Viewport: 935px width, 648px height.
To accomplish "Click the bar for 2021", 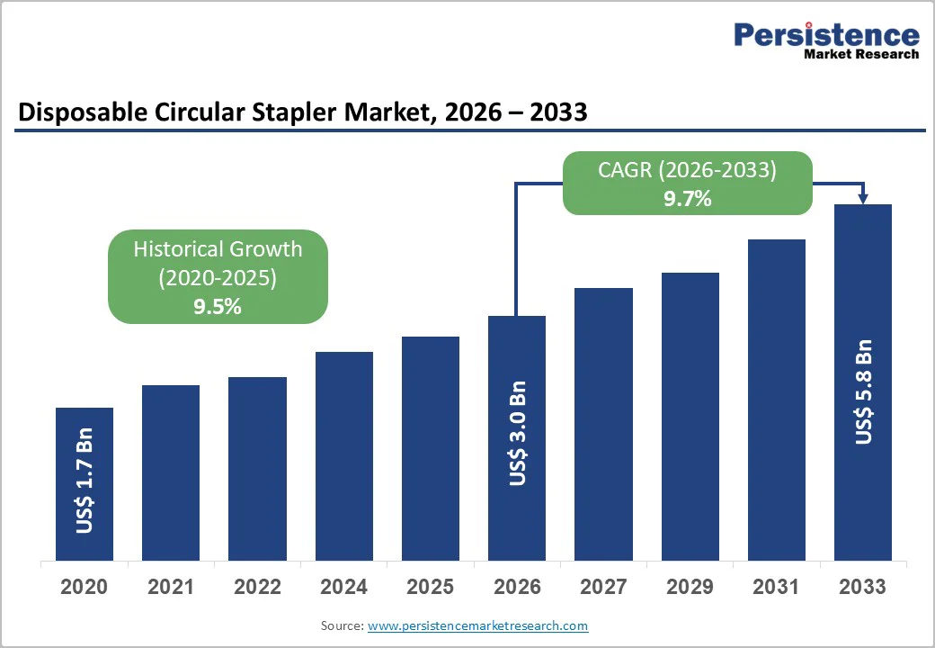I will pyautogui.click(x=171, y=472).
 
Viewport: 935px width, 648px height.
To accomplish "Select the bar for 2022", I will pyautogui.click(x=257, y=468).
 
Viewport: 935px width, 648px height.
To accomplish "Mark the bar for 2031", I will pyautogui.click(x=776, y=400).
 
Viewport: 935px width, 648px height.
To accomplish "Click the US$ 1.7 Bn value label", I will pyautogui.click(x=85, y=487).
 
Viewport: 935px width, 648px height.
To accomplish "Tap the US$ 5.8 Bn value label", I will pyautogui.click(x=863, y=391).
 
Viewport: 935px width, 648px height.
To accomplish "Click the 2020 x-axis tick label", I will pyautogui.click(x=85, y=587).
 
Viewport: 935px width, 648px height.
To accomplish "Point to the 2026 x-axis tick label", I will pyautogui.click(x=517, y=587).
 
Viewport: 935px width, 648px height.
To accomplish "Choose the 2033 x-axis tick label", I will pyautogui.click(x=862, y=587).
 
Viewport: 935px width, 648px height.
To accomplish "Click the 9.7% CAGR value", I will pyautogui.click(x=688, y=199).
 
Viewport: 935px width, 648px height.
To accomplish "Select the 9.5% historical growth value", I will pyautogui.click(x=218, y=307).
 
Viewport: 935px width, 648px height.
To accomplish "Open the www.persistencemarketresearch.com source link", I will pyautogui.click(x=477, y=625).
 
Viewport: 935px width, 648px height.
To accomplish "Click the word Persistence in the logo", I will pyautogui.click(x=826, y=35).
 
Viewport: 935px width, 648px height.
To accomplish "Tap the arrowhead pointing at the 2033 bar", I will pyautogui.click(x=863, y=197).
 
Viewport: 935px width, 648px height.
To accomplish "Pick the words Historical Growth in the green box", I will pyautogui.click(x=218, y=249).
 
